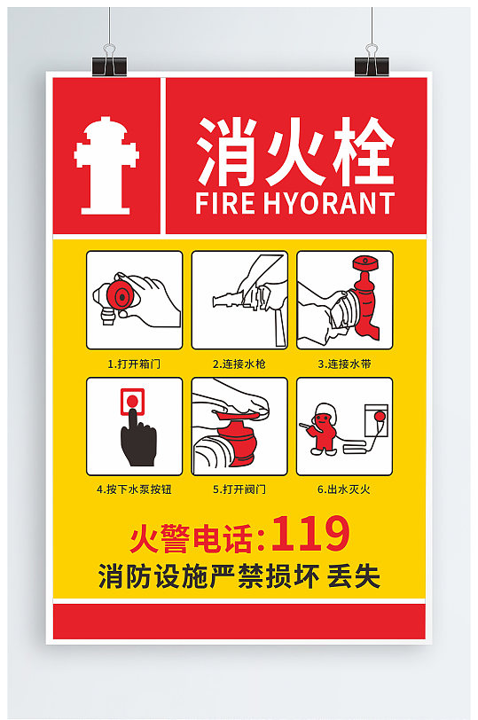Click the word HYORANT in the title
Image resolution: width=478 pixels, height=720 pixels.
pyautogui.click(x=328, y=202)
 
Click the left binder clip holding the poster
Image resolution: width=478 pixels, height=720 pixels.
pyautogui.click(x=109, y=63)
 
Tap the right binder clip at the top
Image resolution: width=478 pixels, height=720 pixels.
pyautogui.click(x=372, y=63)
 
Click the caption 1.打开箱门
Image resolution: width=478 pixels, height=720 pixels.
pyautogui.click(x=134, y=364)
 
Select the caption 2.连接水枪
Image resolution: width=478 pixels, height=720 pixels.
pyautogui.click(x=239, y=364)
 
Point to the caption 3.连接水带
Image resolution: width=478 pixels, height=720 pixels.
pyautogui.click(x=344, y=364)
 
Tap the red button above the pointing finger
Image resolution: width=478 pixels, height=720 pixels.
pyautogui.click(x=132, y=402)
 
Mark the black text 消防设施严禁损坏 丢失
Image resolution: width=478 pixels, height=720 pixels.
pyautogui.click(x=239, y=577)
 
